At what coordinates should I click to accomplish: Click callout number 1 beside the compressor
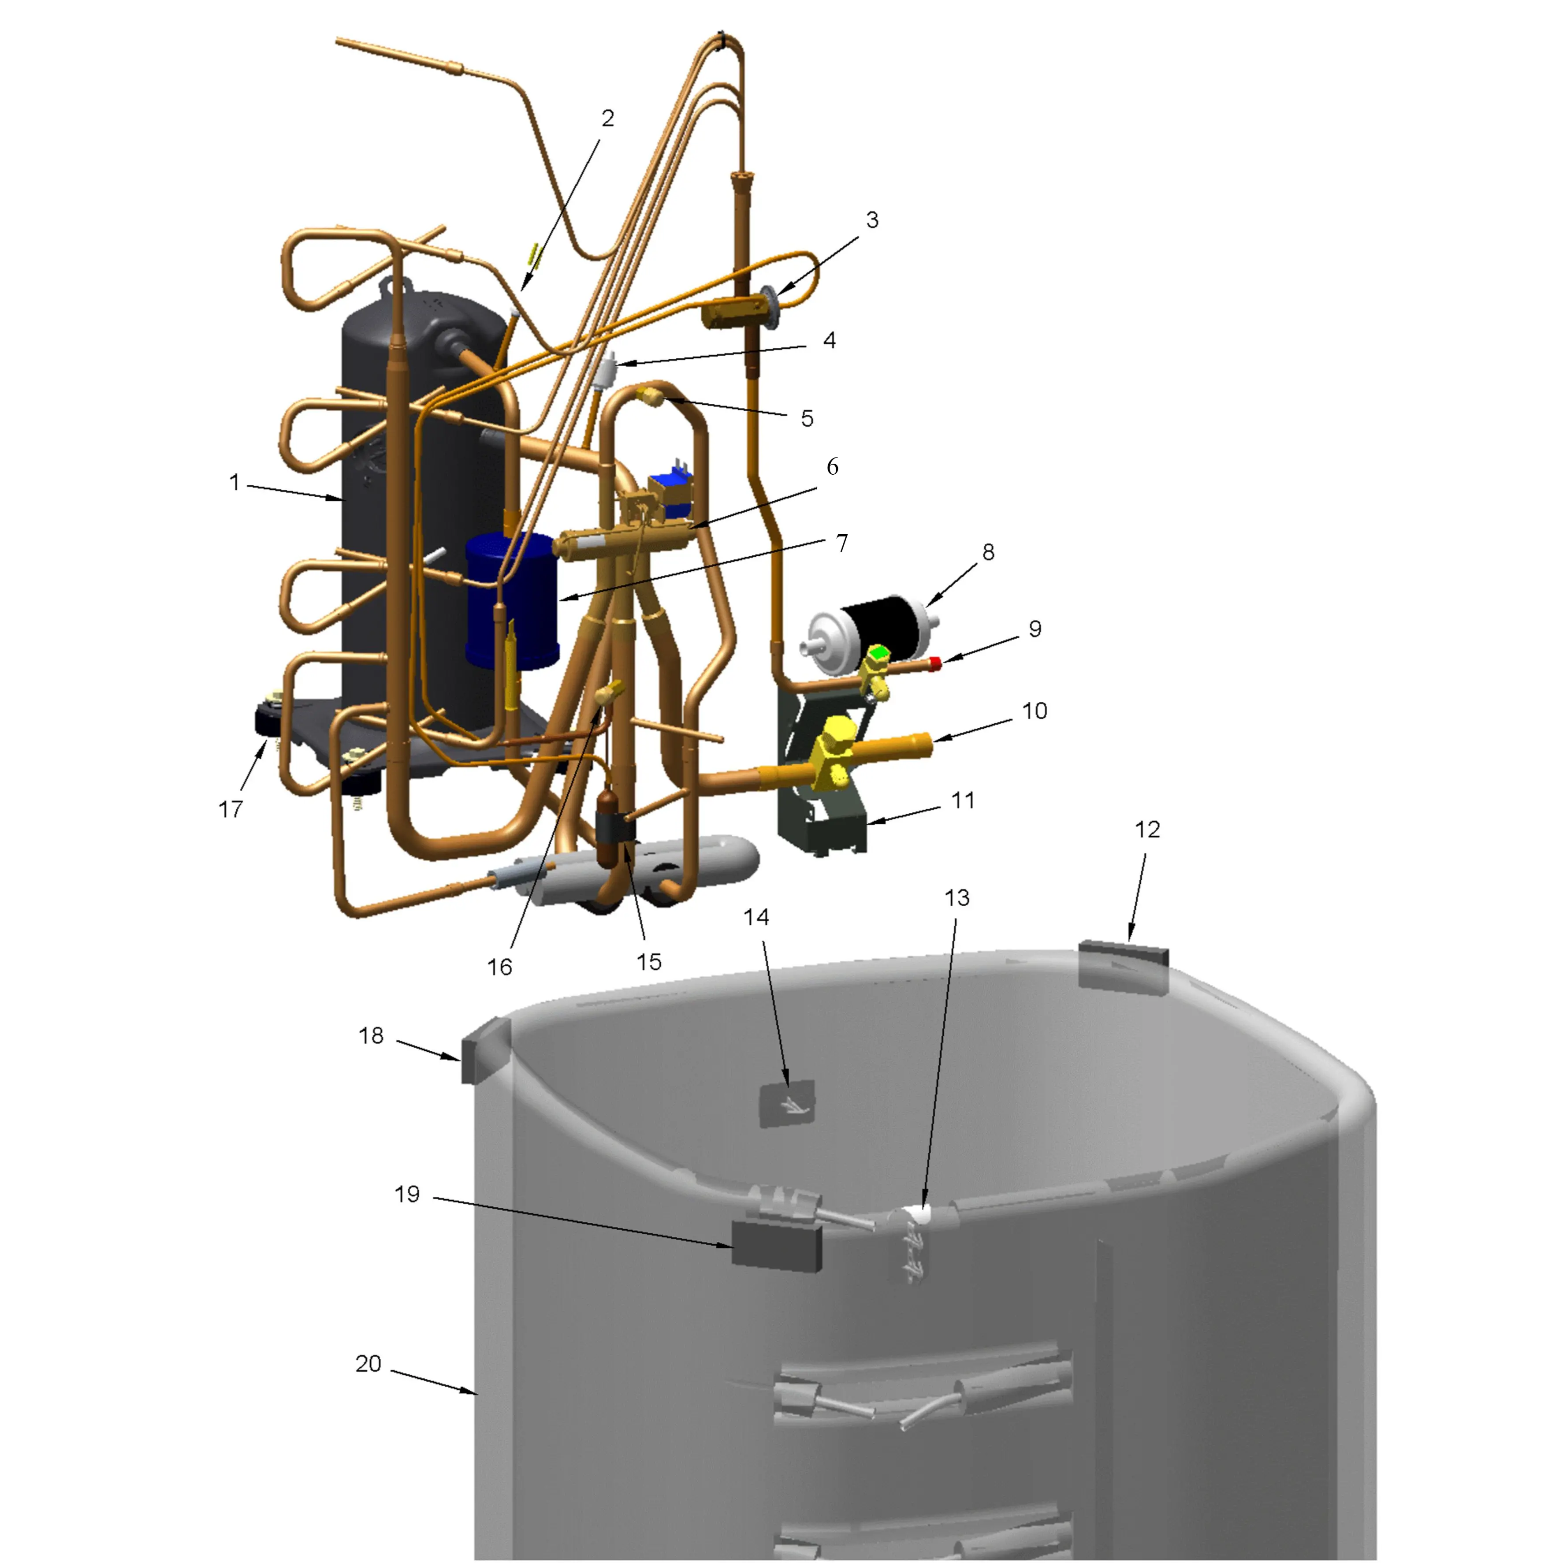[x=234, y=483]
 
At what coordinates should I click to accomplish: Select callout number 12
[x=1147, y=829]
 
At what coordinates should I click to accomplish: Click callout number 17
[x=231, y=808]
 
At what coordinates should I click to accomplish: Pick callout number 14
[x=756, y=917]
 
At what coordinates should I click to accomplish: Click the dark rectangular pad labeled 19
[x=777, y=1246]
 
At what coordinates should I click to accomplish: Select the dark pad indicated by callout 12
[x=1124, y=966]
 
